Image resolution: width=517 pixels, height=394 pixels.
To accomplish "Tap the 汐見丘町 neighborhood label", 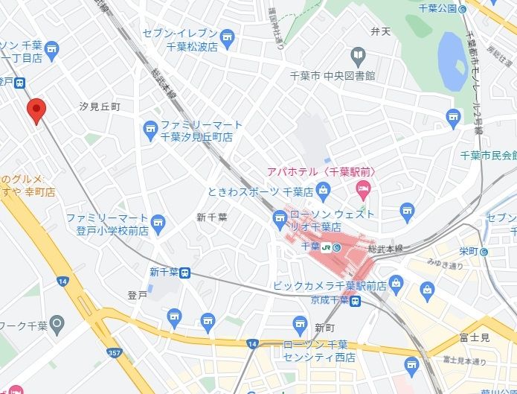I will (100, 107).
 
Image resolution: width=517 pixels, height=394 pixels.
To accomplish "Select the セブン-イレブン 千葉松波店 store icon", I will (227, 36).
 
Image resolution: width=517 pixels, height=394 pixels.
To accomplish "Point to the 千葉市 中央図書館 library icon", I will (358, 55).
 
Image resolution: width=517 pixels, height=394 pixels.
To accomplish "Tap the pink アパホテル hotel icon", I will (362, 187).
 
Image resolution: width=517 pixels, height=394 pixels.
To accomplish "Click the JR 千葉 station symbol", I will (335, 247).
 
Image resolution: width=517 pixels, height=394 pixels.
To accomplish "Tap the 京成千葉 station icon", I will (356, 301).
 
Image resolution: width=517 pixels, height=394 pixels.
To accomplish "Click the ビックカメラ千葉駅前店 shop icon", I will (396, 283).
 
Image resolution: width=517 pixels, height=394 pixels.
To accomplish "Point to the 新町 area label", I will (324, 328).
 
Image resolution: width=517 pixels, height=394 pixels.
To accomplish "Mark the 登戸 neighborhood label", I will (137, 296).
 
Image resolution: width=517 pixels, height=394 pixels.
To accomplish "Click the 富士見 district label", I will (474, 338).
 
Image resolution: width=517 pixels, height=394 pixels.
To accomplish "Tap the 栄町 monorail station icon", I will (484, 252).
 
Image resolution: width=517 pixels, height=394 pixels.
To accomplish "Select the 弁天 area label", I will (380, 31).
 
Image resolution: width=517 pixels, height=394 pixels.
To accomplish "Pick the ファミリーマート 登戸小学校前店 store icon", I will (157, 222).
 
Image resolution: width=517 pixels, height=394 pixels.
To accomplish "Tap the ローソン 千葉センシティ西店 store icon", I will (300, 322).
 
